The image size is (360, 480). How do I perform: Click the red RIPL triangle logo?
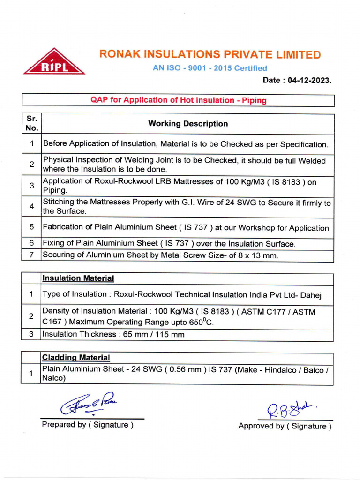pos(54,63)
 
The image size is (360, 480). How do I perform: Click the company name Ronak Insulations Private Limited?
pos(210,54)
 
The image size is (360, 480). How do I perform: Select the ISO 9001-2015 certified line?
pos(210,68)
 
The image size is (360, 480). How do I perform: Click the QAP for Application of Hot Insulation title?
pos(178,100)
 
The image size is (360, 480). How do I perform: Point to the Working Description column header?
pos(188,124)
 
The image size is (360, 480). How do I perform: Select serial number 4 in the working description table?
pos(32,207)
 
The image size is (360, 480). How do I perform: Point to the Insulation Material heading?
pos(78,278)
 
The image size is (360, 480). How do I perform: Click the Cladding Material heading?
pos(76,358)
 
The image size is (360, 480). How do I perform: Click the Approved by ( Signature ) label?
pos(285,426)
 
